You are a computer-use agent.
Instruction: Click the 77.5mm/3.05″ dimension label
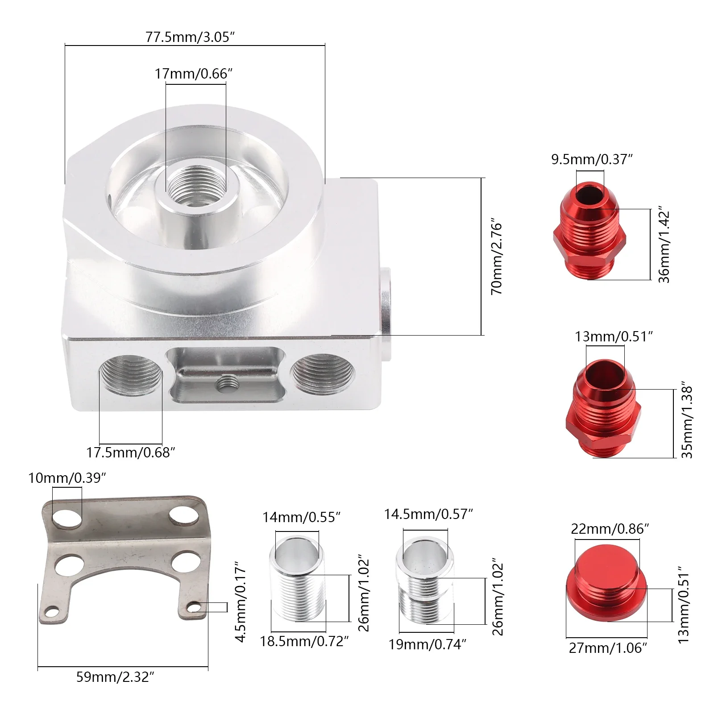tap(190, 37)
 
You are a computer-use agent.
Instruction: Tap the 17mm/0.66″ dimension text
tap(194, 74)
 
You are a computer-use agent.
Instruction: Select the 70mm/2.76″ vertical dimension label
tap(497, 256)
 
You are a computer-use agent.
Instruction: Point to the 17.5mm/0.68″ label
tap(130, 452)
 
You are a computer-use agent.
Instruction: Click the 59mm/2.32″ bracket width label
tap(115, 677)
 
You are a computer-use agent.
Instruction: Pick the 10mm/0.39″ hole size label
tap(67, 478)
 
